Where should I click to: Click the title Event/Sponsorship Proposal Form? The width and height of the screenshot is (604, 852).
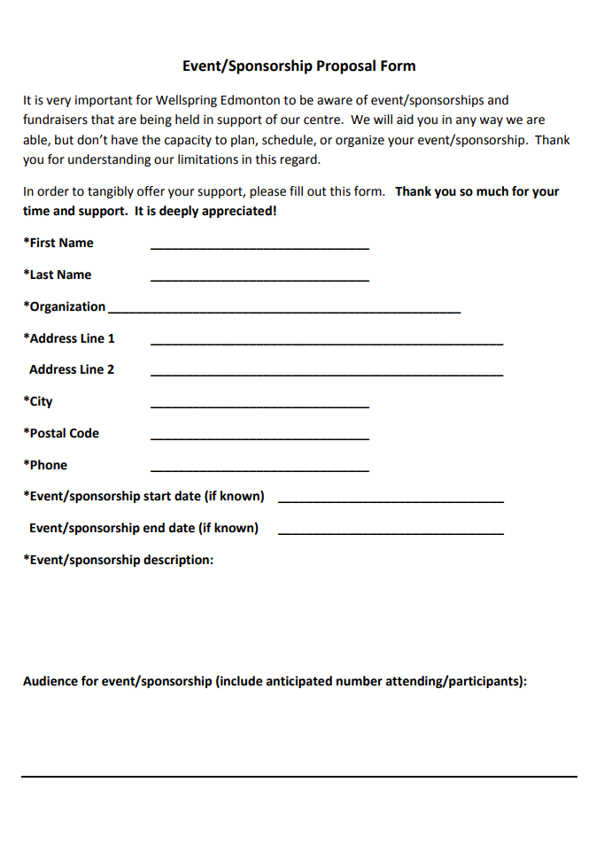pyautogui.click(x=298, y=66)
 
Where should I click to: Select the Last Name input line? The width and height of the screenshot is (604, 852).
pyautogui.click(x=259, y=281)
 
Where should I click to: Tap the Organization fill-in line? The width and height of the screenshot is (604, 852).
pyautogui.click(x=283, y=313)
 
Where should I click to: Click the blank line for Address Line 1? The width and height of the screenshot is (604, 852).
pyautogui.click(x=327, y=344)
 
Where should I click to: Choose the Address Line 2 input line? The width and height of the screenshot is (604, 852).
pyautogui.click(x=327, y=376)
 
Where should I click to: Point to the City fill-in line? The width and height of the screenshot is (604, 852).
pyautogui.click(x=259, y=407)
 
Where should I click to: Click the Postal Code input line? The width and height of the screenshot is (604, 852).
pyautogui.click(x=259, y=439)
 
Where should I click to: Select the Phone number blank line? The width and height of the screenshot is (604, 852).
pyautogui.click(x=259, y=471)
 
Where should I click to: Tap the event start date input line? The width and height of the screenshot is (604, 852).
pyautogui.click(x=391, y=502)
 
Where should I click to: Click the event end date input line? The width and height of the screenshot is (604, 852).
pyautogui.click(x=391, y=534)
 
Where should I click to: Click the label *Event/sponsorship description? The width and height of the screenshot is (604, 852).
pyautogui.click(x=119, y=560)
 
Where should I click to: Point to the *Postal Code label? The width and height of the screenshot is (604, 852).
pyautogui.click(x=61, y=433)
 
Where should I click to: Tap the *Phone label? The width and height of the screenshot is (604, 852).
pyautogui.click(x=45, y=465)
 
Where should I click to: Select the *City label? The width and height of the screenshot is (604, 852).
pyautogui.click(x=38, y=401)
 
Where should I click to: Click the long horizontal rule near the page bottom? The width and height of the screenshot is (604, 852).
pyautogui.click(x=299, y=777)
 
